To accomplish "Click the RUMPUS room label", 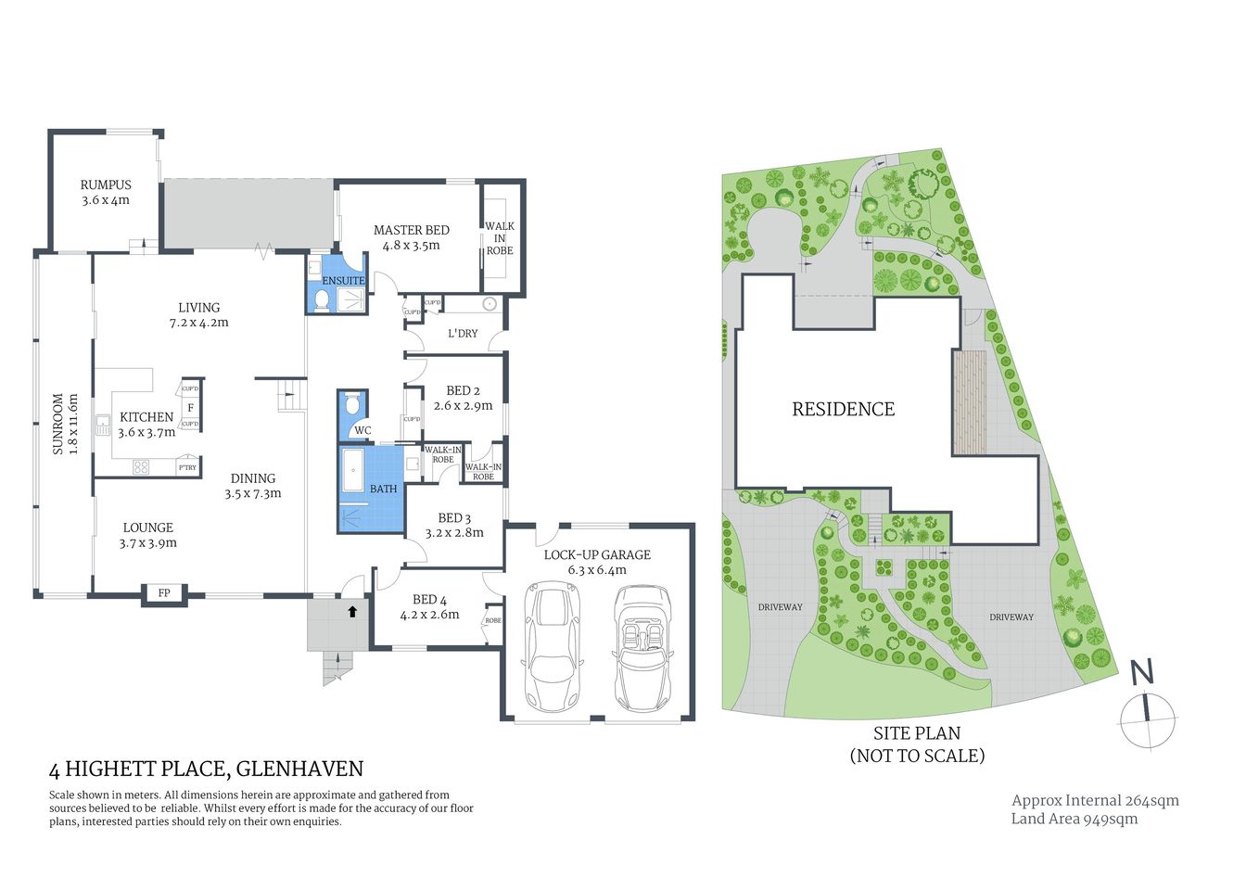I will pos(106,184).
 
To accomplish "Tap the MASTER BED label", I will pos(411,230).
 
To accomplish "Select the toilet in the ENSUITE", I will pos(322,299).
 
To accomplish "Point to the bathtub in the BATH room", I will pos(353,471).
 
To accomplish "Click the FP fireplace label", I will pos(164,593).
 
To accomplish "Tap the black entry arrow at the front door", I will pos(352,611).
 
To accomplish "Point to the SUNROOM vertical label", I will pos(58,424).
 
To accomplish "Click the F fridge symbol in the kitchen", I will pos(190,407).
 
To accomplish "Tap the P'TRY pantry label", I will pos(187,467).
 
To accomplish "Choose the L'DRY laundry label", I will pos(463,333).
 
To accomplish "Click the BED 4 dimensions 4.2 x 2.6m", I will pos(429,614).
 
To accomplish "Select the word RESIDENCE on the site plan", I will pos(843,409).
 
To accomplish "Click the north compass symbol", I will pos(1147,719).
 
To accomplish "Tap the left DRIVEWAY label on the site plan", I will pos(780,607).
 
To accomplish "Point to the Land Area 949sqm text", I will pos(1074,819).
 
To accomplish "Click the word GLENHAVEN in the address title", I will pos(299,769).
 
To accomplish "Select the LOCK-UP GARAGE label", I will pos(597,554).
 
